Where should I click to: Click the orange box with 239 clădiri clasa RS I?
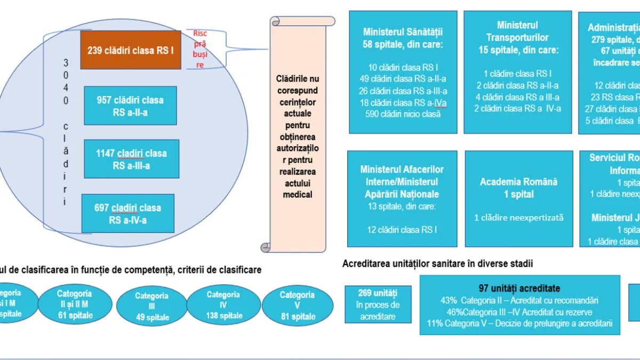click(131, 50)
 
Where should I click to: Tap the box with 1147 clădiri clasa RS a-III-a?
click(131, 159)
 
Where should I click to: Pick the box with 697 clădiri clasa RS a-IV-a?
click(127, 213)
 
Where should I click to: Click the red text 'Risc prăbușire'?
click(200, 49)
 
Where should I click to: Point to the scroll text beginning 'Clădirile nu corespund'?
click(298, 136)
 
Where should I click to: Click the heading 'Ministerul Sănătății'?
click(403, 33)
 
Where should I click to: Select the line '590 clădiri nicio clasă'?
click(403, 114)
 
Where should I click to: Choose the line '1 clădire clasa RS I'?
click(517, 74)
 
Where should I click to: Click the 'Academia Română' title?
click(519, 182)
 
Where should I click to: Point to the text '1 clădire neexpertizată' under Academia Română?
click(519, 217)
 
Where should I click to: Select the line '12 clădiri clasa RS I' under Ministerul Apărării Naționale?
click(402, 230)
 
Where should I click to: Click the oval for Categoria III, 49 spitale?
click(151, 306)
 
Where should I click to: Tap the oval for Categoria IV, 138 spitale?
click(223, 305)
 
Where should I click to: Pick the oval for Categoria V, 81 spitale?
click(297, 305)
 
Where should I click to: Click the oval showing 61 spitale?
click(75, 304)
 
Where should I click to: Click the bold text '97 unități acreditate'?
click(519, 289)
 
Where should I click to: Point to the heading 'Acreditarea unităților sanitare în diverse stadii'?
click(438, 263)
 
